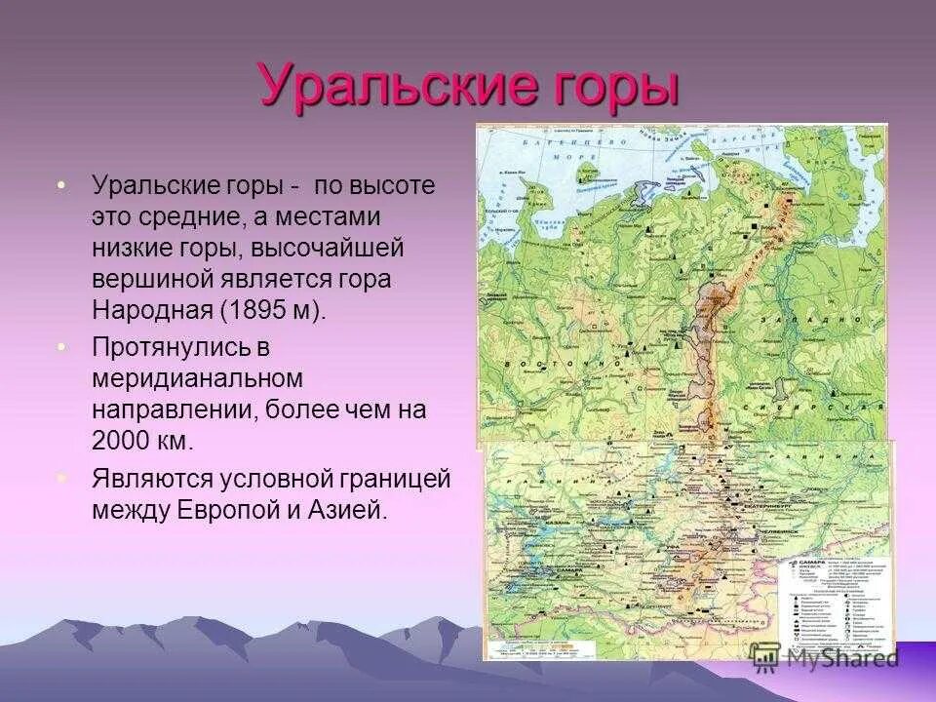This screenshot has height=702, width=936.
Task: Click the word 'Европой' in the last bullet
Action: click(x=226, y=510)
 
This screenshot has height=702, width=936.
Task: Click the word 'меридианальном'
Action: click(x=198, y=376)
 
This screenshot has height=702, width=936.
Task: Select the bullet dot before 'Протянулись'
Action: click(x=62, y=346)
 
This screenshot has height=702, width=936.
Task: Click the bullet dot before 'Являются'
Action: click(x=62, y=479)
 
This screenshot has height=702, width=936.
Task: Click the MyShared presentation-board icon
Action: click(x=764, y=658)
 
